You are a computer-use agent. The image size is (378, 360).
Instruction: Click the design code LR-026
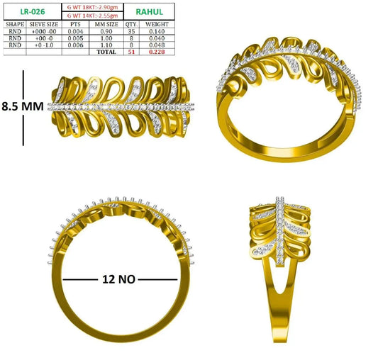pyautogui.click(x=33, y=11)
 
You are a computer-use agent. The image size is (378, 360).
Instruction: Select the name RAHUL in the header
pyautogui.click(x=149, y=11)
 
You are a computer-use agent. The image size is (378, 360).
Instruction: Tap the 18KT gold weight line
pyautogui.click(x=93, y=7)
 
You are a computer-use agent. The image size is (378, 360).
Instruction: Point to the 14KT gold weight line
pyautogui.click(x=93, y=16)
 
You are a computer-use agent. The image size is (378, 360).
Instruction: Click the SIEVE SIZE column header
pyautogui.click(x=44, y=24)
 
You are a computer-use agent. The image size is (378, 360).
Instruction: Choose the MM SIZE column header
pyautogui.click(x=106, y=24)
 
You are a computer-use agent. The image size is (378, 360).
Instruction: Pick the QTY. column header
pyautogui.click(x=131, y=24)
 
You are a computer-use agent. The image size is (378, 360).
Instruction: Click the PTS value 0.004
pyautogui.click(x=75, y=31)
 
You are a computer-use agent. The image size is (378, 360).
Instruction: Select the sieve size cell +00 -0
pyautogui.click(x=44, y=38)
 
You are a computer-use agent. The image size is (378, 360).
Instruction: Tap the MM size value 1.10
pyautogui.click(x=106, y=45)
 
